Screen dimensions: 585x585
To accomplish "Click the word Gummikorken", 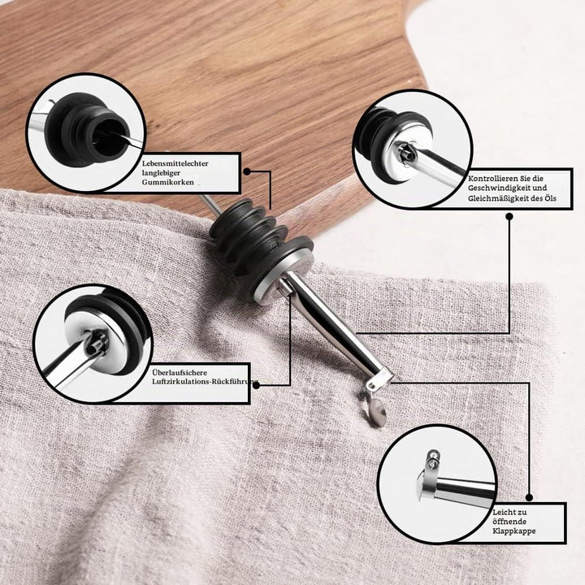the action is [167, 183].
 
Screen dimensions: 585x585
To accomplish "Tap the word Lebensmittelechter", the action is [175, 163].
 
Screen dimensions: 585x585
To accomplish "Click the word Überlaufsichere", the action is [180, 372].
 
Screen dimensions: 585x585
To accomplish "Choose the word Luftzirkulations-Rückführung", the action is [205, 382].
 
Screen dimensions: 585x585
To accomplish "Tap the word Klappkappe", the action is [513, 531].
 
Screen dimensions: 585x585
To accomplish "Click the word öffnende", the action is [509, 521].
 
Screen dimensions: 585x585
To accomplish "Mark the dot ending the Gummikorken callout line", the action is [247, 171].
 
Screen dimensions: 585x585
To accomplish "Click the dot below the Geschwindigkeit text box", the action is [509, 216].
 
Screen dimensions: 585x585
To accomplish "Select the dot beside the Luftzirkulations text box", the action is [256, 385].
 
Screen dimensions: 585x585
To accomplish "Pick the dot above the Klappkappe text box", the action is [529, 497].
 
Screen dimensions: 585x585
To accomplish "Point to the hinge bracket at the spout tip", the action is [379, 379].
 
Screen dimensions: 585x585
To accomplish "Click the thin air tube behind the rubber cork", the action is [210, 205].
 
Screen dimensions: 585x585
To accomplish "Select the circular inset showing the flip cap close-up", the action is [436, 484].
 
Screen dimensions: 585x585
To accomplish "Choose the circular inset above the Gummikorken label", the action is [86, 132].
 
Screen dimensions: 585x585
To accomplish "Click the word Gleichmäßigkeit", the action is [498, 198].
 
